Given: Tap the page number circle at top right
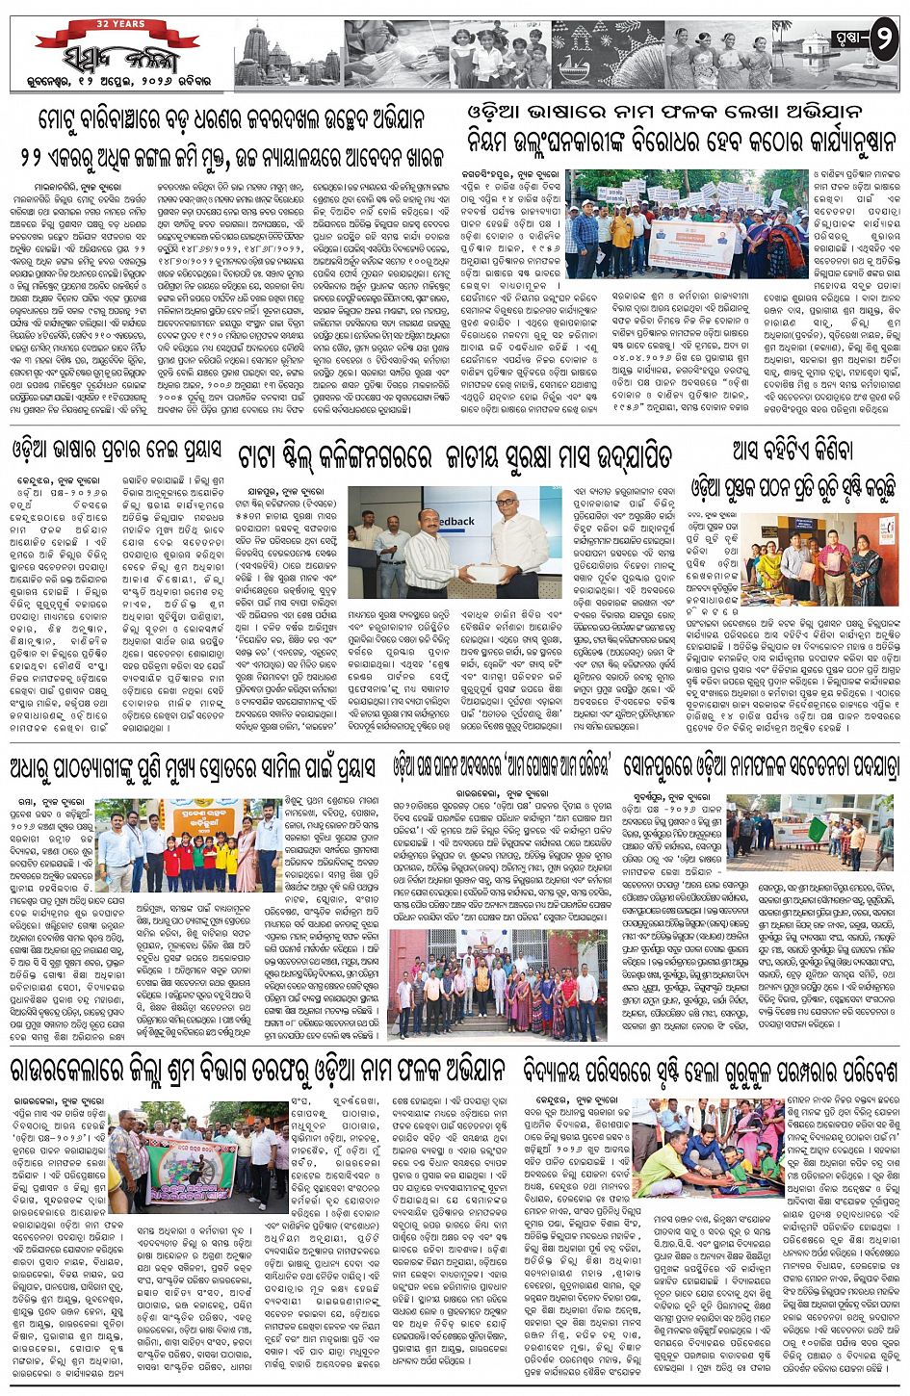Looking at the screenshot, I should click(883, 42).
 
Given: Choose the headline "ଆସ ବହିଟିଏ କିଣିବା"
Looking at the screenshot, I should click(793, 449).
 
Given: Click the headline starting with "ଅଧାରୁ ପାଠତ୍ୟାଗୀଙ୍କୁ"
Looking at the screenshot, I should click(194, 769).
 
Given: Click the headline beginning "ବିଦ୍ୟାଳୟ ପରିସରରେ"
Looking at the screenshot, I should click(711, 1069).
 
